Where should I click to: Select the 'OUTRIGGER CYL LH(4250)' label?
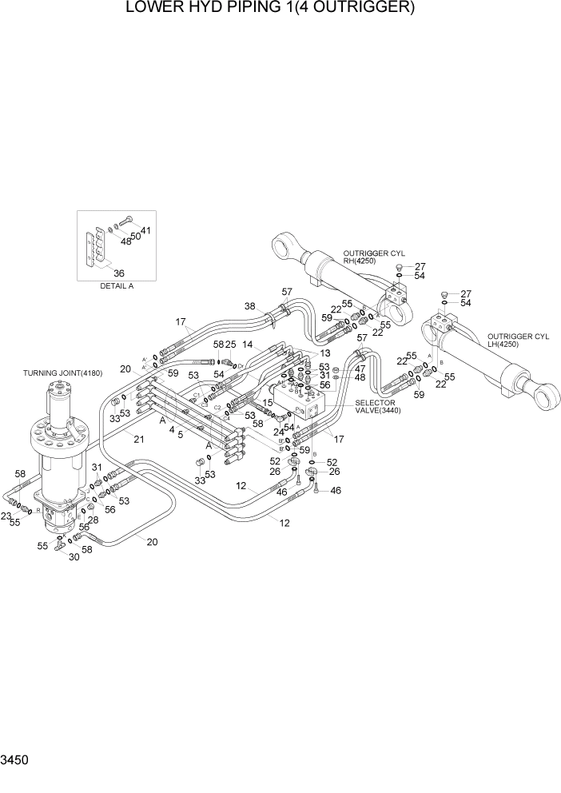(516, 340)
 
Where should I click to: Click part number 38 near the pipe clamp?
(249, 307)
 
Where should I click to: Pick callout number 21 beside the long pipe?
(139, 439)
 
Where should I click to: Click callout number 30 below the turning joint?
(74, 557)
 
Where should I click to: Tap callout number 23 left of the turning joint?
(7, 516)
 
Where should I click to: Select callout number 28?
(93, 520)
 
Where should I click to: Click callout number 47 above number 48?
(360, 369)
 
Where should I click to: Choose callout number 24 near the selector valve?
(279, 432)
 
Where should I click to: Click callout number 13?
(324, 353)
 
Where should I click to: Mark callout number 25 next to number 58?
(230, 344)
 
